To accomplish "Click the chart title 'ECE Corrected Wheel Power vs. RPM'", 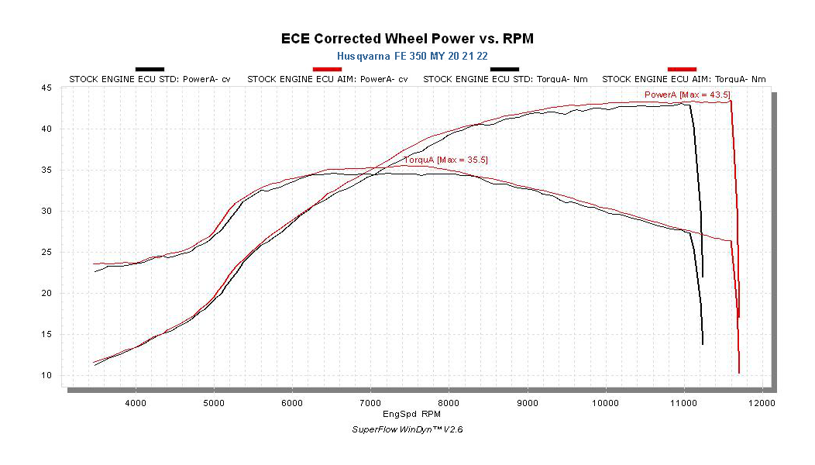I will click(x=407, y=38).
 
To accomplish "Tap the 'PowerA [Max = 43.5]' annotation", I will click(x=687, y=95).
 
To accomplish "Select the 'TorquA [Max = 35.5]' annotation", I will click(x=445, y=160).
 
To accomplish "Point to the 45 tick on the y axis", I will click(x=46, y=88).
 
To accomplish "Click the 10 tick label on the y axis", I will click(x=46, y=376).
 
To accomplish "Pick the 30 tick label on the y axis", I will click(x=46, y=212).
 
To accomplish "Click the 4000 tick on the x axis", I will click(x=136, y=403).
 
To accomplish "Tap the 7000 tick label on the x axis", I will click(x=370, y=403).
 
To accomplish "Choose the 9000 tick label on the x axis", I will click(x=527, y=403).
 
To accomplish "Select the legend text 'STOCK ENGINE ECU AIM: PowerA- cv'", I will click(x=328, y=79).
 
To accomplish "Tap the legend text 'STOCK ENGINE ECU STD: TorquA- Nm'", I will click(x=505, y=79).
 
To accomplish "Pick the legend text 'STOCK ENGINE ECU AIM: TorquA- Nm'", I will click(x=684, y=79).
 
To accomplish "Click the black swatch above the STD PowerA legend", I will click(x=150, y=70).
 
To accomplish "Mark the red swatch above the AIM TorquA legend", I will click(x=683, y=70).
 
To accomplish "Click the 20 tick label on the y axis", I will click(x=46, y=294).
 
